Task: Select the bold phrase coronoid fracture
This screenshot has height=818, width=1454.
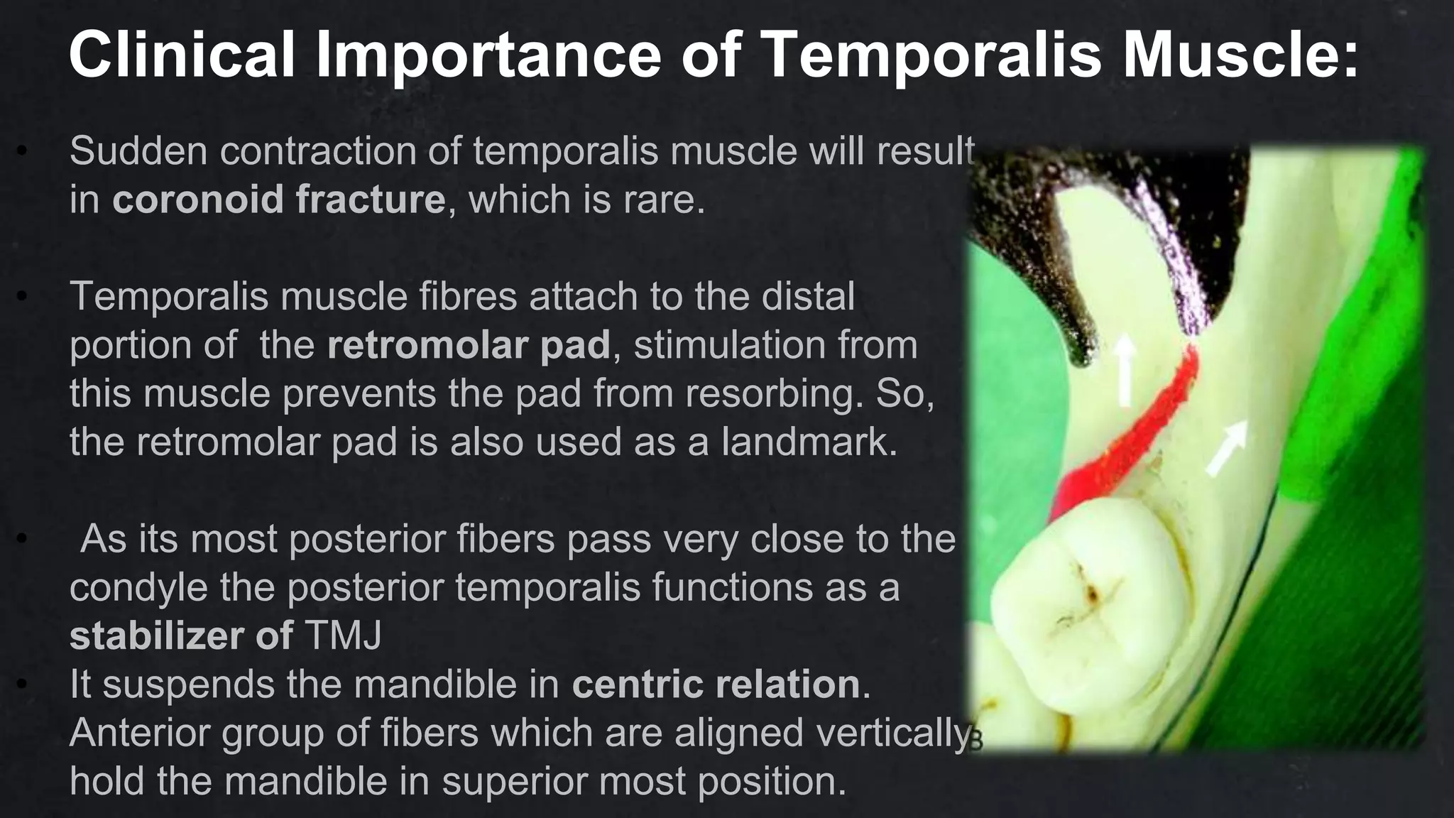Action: [278, 199]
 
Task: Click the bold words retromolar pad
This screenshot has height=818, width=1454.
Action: [469, 345]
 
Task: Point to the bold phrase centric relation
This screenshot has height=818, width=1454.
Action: [716, 685]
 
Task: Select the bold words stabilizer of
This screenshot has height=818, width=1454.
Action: [181, 636]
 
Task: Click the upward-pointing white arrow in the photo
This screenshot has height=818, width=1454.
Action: [1124, 369]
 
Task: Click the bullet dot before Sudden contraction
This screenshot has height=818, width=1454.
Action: [23, 151]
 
